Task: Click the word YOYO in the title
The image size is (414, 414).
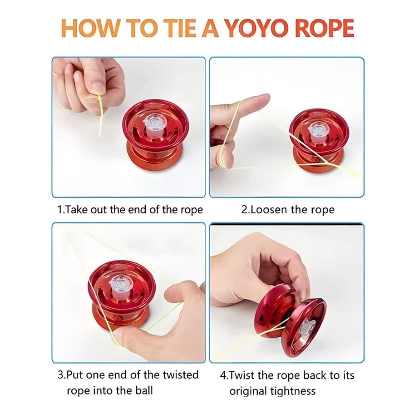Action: pyautogui.click(x=257, y=29)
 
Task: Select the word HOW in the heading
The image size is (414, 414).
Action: pyautogui.click(x=90, y=29)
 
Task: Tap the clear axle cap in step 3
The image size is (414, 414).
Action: pyautogui.click(x=120, y=285)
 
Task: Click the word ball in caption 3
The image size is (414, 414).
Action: pyautogui.click(x=144, y=390)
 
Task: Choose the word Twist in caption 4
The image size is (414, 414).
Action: pyautogui.click(x=241, y=375)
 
